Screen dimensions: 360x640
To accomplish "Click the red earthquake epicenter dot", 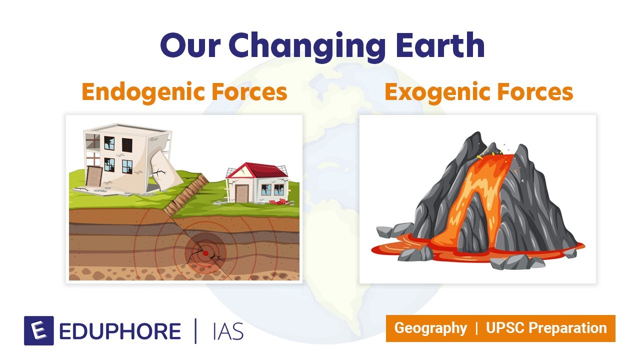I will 205,253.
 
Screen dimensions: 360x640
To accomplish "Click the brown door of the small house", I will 242,193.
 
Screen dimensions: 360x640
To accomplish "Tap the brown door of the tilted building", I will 94,176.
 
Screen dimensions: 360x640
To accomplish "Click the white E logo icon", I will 38,330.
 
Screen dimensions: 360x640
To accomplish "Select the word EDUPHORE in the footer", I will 120,331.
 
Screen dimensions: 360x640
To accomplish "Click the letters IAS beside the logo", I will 227,331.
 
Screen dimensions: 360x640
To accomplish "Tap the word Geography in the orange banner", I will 430,328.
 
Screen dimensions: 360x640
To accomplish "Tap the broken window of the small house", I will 266,189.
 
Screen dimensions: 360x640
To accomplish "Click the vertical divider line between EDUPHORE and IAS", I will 196,330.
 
